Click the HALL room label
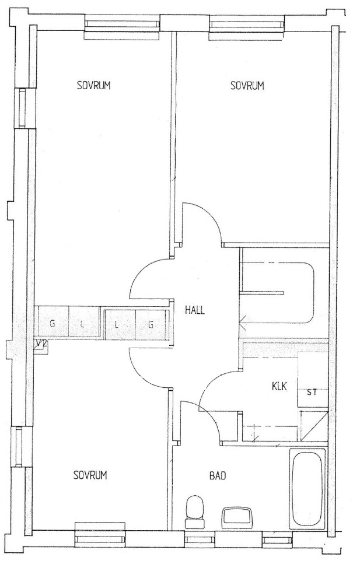coord(195,310)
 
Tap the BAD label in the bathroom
coord(218,476)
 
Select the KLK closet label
coord(279,387)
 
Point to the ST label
coord(312,392)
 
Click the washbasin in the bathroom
coord(237,517)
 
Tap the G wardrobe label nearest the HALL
coord(151,325)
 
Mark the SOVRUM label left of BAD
coord(90,475)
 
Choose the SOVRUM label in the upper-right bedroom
coord(247,86)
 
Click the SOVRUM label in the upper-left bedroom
coord(93,86)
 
